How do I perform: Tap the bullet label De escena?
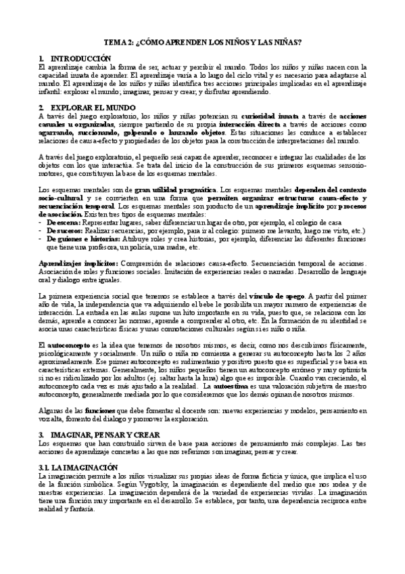tap(63, 221)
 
